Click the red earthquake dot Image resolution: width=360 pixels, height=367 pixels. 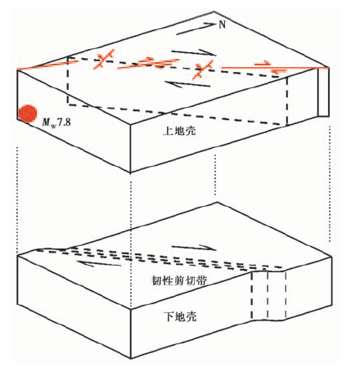(28, 114)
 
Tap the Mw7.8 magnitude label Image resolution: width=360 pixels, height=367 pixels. (56, 123)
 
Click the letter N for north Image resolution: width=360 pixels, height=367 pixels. (223, 25)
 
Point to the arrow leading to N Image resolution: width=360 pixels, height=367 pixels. (196, 29)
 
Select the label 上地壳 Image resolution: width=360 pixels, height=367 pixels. (179, 131)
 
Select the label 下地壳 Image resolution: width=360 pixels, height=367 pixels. (180, 316)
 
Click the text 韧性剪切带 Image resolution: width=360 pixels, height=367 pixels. (179, 280)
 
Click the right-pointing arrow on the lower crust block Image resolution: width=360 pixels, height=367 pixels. (194, 248)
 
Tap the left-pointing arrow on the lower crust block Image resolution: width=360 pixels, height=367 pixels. (99, 263)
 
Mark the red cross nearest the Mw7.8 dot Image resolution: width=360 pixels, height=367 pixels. (103, 59)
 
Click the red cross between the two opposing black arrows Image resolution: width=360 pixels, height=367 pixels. (202, 69)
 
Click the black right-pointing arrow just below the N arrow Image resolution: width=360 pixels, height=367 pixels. (194, 52)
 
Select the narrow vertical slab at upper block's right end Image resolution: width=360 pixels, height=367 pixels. (323, 92)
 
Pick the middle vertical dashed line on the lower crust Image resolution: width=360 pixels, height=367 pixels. (268, 295)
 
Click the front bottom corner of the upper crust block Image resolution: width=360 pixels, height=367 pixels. (130, 172)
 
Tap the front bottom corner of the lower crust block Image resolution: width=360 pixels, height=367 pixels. (131, 358)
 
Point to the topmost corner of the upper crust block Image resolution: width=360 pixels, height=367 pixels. (214, 11)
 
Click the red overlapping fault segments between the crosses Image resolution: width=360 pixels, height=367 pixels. (149, 63)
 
